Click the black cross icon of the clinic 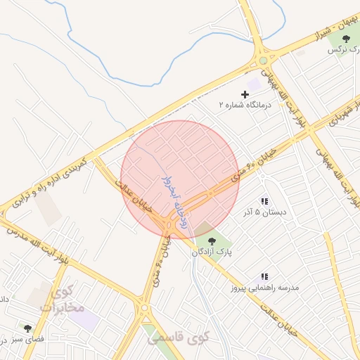(x=245, y=94)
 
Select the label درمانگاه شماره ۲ (x=245, y=105)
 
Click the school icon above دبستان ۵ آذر (x=264, y=201)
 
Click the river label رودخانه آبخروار (x=174, y=200)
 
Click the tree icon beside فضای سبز (x=27, y=328)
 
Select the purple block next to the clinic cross (x=253, y=84)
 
